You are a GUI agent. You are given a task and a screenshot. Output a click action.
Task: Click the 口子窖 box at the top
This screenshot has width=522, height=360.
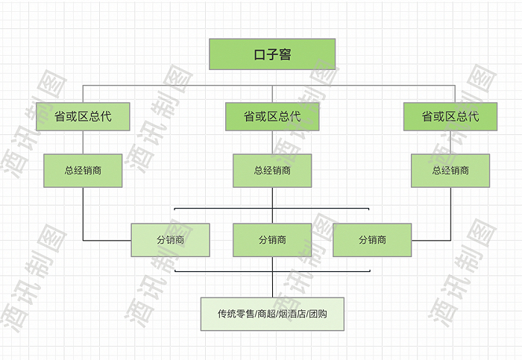[x=272, y=54]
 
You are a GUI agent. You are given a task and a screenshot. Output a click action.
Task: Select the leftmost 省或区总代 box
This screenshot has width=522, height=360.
[x=83, y=116]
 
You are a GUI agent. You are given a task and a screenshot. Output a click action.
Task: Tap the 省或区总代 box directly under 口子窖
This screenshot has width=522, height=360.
[x=272, y=116]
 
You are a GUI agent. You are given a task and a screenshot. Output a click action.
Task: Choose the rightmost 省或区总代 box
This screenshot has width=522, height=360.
[x=450, y=116]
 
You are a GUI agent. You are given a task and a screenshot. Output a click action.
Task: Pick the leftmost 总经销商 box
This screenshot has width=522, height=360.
[x=83, y=171]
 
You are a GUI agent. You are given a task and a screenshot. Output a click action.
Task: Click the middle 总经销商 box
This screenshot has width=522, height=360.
[x=272, y=171]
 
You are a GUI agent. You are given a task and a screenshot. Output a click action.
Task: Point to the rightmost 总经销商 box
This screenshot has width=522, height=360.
[x=450, y=171]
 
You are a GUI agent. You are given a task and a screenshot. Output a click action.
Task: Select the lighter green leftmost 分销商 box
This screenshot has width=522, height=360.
[x=170, y=240]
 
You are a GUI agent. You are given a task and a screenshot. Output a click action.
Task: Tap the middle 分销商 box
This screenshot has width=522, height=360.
[x=272, y=240]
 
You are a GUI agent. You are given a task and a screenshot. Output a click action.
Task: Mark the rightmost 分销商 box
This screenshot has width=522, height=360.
[x=372, y=240]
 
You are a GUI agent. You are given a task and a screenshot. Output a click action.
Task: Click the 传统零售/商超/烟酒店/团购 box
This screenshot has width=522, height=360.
[x=272, y=314]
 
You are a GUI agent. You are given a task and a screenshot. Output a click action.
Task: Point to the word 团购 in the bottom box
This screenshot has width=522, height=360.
[x=318, y=314]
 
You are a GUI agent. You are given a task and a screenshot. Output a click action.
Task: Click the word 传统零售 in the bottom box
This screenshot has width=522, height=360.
[x=236, y=314]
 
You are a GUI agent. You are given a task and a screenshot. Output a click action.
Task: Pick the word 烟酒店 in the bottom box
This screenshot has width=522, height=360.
[x=292, y=314]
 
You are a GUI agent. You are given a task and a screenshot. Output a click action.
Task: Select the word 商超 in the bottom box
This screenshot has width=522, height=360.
[x=265, y=314]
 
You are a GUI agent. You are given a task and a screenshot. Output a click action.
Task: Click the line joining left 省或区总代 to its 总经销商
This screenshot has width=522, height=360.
[x=83, y=142]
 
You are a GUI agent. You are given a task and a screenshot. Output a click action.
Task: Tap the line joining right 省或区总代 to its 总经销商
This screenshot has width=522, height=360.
[x=450, y=142]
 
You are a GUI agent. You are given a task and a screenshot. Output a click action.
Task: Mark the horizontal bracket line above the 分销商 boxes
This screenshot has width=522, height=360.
[x=224, y=209]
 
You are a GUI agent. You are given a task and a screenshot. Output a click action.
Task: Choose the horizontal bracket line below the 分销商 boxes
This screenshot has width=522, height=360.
[x=224, y=271]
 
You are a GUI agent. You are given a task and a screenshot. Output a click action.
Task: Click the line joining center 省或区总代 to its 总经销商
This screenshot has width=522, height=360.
[x=272, y=142]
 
